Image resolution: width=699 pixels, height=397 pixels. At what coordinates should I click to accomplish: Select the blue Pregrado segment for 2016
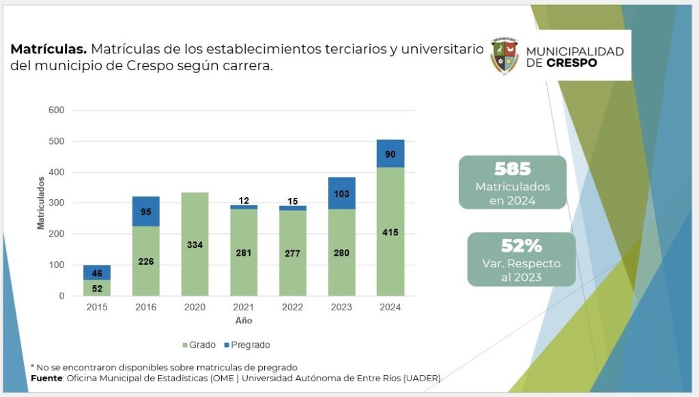click(146, 211)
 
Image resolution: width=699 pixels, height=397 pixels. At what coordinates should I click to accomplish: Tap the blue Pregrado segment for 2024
click(390, 153)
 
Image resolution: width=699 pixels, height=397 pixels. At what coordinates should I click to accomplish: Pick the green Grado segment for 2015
click(97, 287)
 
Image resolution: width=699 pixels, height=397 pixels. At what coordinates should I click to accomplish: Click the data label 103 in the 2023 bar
click(341, 194)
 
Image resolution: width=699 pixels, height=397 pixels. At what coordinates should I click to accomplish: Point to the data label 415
click(390, 233)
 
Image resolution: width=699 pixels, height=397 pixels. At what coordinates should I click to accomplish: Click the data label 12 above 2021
click(244, 200)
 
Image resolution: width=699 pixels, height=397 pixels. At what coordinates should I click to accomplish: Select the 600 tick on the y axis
click(57, 110)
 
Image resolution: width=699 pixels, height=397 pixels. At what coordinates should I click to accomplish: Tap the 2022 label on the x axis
click(292, 308)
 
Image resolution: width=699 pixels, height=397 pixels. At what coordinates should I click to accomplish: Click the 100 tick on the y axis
click(57, 265)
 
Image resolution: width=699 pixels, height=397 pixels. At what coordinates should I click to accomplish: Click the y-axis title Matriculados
click(41, 203)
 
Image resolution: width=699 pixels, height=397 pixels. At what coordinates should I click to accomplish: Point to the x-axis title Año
click(244, 321)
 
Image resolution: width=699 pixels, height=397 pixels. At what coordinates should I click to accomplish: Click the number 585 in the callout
click(513, 169)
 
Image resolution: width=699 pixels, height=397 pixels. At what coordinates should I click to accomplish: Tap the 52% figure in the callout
click(521, 246)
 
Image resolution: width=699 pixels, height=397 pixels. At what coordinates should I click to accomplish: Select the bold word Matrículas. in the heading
click(48, 49)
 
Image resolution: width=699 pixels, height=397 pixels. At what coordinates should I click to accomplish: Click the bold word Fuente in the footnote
click(48, 378)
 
